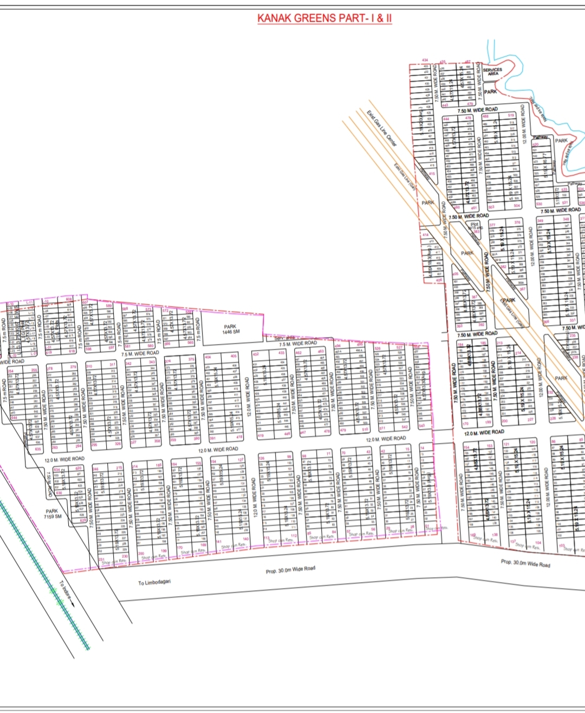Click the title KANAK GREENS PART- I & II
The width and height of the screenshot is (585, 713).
[x=324, y=18]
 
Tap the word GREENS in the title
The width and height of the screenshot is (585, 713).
[x=315, y=18]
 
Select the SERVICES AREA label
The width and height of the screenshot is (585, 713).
[x=492, y=71]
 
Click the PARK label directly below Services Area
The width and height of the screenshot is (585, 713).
[x=491, y=92]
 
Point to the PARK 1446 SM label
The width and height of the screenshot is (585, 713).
[x=231, y=329]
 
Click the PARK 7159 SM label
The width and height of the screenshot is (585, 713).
[x=53, y=513]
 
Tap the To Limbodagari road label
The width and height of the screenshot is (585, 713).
[x=154, y=582]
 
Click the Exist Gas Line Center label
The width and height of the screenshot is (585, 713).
[x=382, y=129]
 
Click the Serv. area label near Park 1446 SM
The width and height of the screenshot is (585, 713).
[x=284, y=338]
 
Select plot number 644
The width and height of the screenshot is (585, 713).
[x=14, y=418]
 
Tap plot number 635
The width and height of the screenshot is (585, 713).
[x=38, y=449]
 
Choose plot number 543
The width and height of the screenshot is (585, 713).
[x=421, y=426]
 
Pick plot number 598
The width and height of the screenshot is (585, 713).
[x=88, y=349]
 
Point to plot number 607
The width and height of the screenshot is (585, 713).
[x=85, y=302]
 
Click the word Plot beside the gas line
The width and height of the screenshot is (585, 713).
[x=474, y=223]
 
